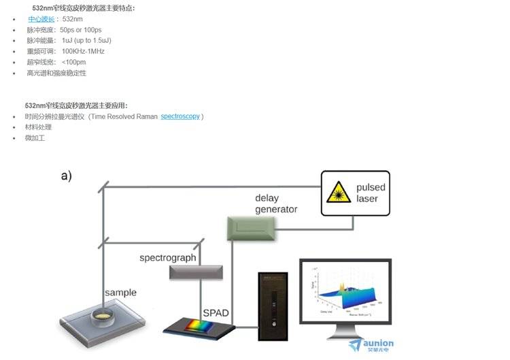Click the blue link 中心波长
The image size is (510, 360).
[x=40, y=19]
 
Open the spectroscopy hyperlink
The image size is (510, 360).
[x=180, y=116]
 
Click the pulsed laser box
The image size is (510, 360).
[x=355, y=193]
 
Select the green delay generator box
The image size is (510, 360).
[x=252, y=227]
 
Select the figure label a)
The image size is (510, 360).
[x=66, y=176]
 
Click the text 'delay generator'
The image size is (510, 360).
[x=275, y=203]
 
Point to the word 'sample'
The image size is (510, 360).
[x=120, y=293]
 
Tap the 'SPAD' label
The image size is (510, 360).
[x=216, y=313]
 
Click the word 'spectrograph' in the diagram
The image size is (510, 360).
[x=167, y=258]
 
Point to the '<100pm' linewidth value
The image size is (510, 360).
[x=73, y=62]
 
